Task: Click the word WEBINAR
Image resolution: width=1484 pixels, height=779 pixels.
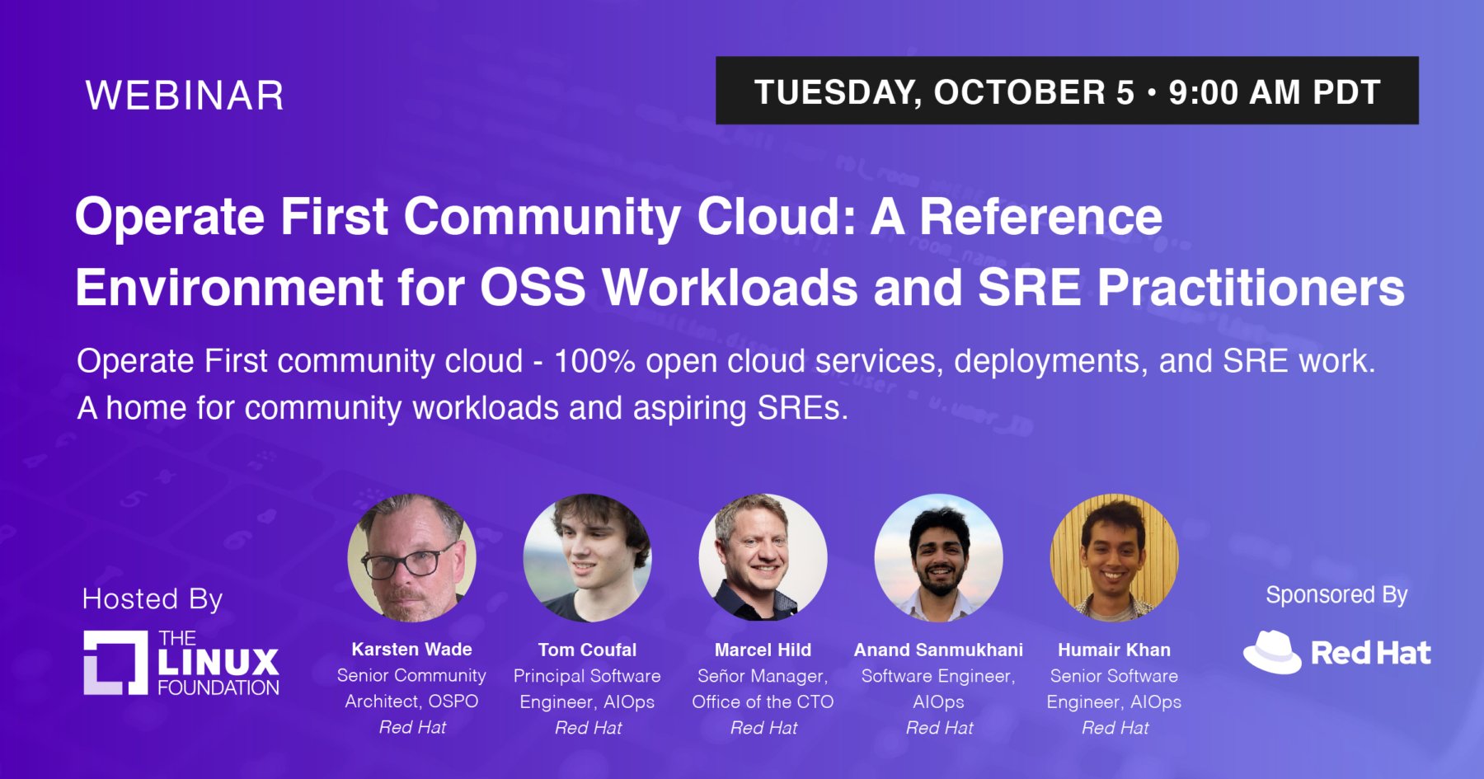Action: coord(185,96)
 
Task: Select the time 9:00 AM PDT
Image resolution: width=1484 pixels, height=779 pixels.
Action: coord(1275,92)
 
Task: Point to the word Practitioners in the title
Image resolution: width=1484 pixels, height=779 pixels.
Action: coord(1251,288)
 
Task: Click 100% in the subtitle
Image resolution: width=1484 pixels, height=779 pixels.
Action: coord(594,361)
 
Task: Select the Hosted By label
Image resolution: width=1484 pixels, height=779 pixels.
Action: coord(153,599)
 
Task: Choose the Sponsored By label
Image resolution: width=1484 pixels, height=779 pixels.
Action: coord(1336,595)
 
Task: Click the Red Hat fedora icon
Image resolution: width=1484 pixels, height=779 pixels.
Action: coord(1272,652)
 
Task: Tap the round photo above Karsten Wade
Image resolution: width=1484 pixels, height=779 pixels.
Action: coord(412,558)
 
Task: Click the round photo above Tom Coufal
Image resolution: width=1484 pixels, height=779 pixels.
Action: coord(588,558)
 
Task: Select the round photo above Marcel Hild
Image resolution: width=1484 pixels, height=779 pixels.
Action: coord(763,558)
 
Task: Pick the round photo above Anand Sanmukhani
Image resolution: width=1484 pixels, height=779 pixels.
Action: coord(939,558)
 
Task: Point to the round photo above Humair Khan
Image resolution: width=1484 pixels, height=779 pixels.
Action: coord(1115,558)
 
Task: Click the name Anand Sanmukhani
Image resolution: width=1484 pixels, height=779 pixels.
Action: coord(938,650)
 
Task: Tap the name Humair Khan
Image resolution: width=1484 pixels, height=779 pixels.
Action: coord(1114,650)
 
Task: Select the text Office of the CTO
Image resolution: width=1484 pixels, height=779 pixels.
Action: coord(763,702)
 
